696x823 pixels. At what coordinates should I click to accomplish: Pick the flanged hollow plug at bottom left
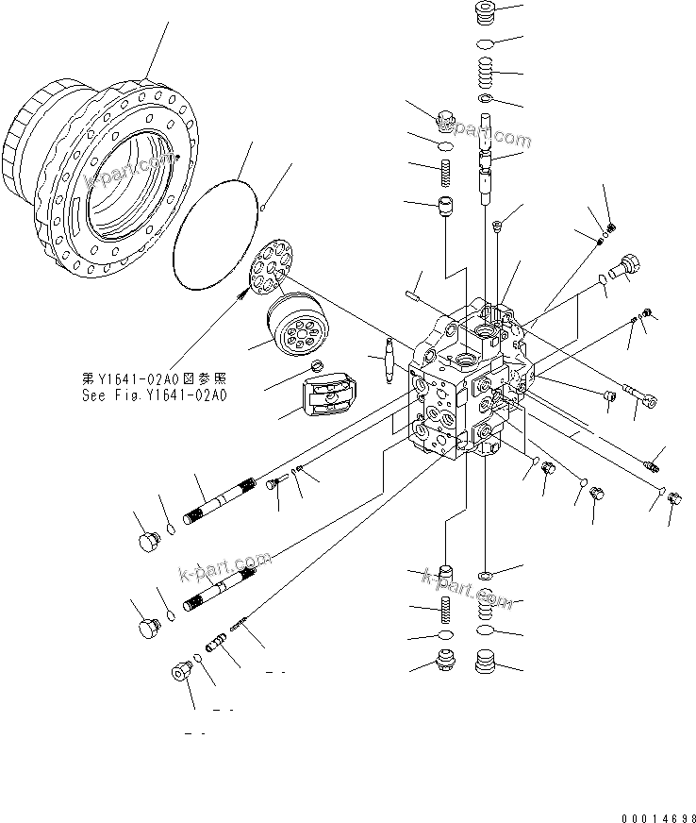point(180,672)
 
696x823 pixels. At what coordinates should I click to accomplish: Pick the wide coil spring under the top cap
point(485,71)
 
